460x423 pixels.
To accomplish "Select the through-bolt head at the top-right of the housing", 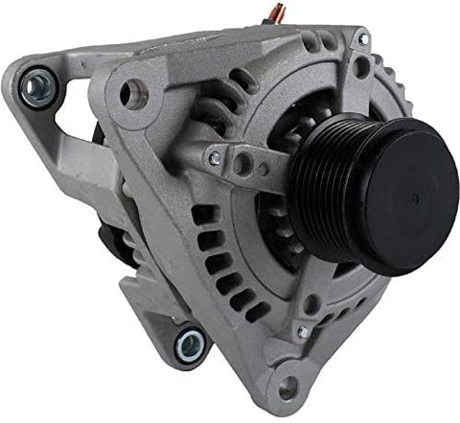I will tap(363, 39).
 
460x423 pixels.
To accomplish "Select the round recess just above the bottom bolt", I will tap(312, 305).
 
